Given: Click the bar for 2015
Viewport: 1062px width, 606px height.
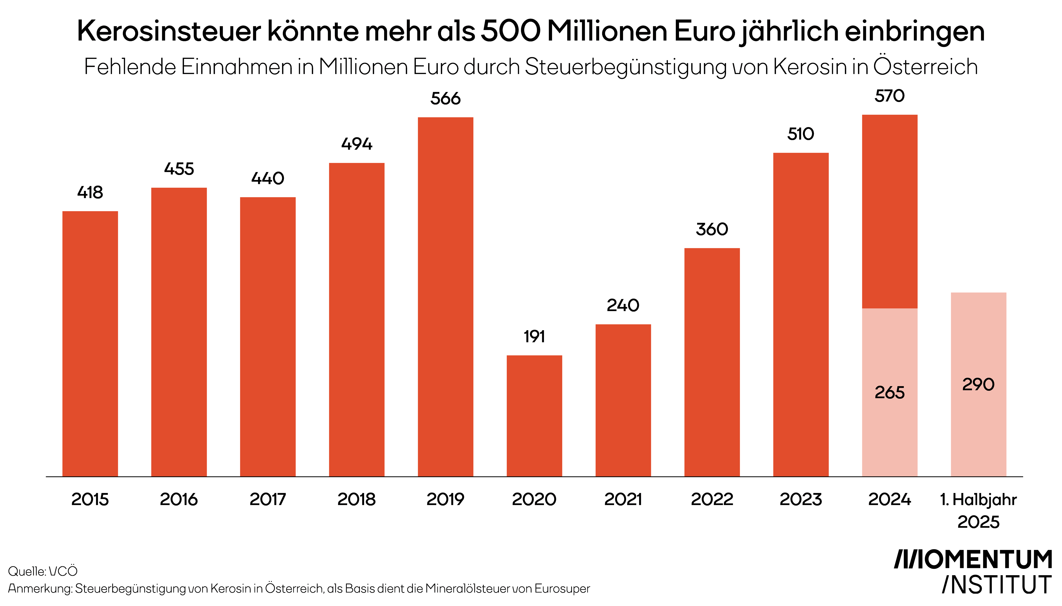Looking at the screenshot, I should click(90, 343).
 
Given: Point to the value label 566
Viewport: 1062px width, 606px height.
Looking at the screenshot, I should click(445, 99).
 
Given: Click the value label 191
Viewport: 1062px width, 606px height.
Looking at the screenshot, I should click(534, 336).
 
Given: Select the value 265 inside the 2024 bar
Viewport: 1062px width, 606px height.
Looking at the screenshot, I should click(889, 393).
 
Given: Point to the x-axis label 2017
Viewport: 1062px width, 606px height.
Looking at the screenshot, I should click(267, 499).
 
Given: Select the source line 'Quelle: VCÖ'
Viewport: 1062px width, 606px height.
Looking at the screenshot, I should click(43, 571).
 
